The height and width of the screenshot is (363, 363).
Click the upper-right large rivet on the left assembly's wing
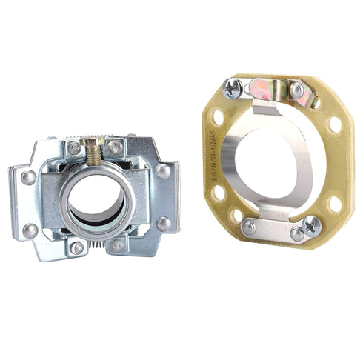click(x=162, y=171)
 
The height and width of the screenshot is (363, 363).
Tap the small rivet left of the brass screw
click(x=74, y=148)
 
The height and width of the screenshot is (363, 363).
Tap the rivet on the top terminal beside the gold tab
click(x=297, y=90)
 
